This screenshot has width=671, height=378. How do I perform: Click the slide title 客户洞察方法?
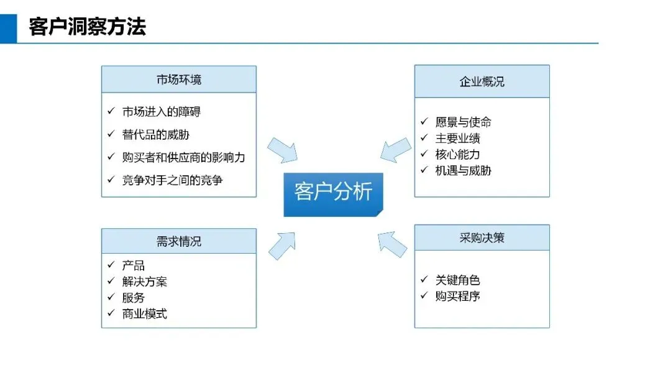coord(87,27)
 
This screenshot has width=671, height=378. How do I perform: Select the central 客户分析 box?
coord(333,193)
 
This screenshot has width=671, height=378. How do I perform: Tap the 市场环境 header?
coord(179,80)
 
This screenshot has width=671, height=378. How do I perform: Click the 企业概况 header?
coord(482,81)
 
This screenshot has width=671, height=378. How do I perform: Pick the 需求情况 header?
coord(179,241)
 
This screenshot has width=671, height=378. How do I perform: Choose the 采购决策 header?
coord(482,237)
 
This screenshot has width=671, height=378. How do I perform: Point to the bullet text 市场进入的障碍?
coord(162,112)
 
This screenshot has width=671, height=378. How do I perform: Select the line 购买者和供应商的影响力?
coord(183,157)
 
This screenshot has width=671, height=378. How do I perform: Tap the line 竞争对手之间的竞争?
coord(172,180)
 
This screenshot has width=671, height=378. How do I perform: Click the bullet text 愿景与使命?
coord(463,122)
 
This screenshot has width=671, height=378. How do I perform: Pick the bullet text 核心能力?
coord(457,154)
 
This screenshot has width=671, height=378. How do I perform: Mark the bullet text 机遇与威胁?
coord(463,170)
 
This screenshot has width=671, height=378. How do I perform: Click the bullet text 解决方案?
coord(144,282)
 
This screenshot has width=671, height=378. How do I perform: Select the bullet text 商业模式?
coord(144,314)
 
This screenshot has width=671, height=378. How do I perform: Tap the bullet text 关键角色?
coord(457,280)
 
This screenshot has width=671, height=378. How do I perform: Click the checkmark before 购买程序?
coord(424,296)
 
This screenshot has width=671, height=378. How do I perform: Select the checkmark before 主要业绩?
coord(424,138)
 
